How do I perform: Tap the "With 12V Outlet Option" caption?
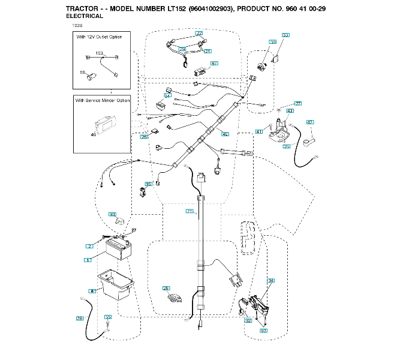99,37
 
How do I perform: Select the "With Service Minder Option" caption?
103,100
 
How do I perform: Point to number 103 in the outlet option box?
100,53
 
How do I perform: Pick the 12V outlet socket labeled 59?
91,76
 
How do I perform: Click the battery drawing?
118,248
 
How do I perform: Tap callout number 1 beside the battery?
88,260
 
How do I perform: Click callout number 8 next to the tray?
92,291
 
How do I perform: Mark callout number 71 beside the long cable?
190,211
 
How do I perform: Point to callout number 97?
214,63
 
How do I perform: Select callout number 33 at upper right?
285,35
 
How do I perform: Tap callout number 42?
310,122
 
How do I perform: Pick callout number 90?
112,214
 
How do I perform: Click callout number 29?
166,289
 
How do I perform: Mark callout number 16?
148,184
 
